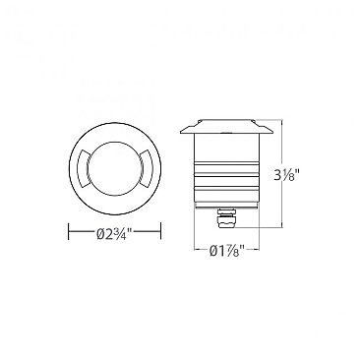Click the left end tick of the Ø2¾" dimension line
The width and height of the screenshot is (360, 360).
point(67,234)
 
